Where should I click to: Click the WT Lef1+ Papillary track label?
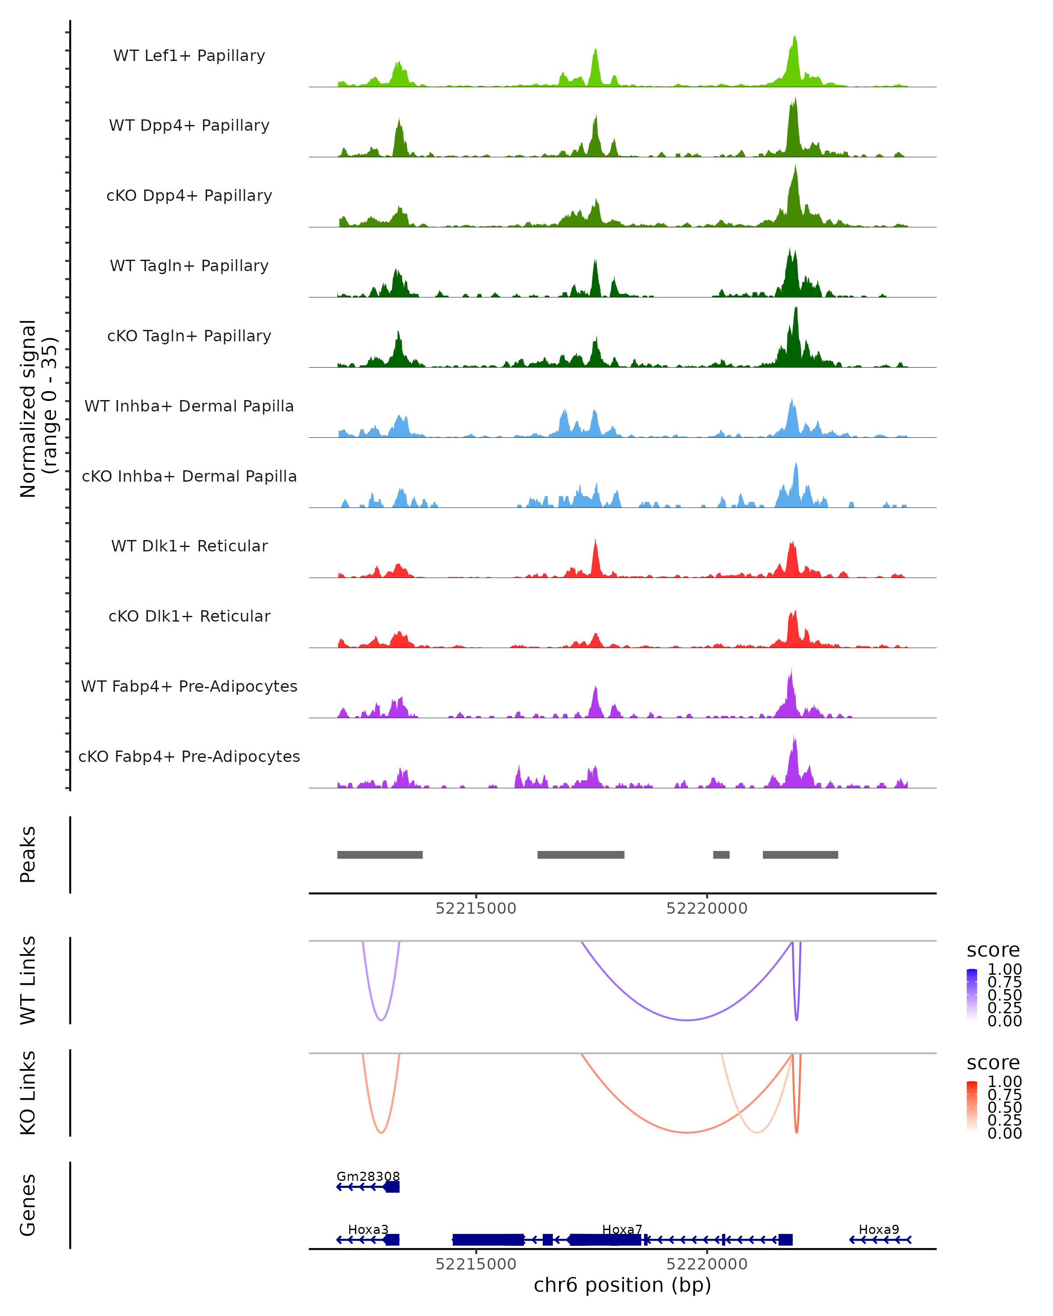click(189, 56)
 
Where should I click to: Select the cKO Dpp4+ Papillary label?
click(189, 196)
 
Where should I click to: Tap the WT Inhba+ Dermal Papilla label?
click(189, 407)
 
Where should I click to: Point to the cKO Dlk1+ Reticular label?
click(189, 616)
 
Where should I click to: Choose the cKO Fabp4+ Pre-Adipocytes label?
click(189, 757)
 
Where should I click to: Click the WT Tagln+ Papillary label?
click(189, 266)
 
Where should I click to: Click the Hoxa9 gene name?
click(878, 1229)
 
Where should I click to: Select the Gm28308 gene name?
click(368, 1176)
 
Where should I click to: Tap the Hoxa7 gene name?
click(622, 1229)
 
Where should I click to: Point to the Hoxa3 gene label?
click(368, 1229)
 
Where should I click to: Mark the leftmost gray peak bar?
click(380, 855)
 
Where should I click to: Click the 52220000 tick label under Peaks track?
click(706, 909)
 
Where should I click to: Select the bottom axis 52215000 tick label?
click(476, 1264)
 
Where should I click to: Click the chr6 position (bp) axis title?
click(622, 1285)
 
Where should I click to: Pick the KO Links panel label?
click(28, 1093)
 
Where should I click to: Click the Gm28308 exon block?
click(392, 1187)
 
